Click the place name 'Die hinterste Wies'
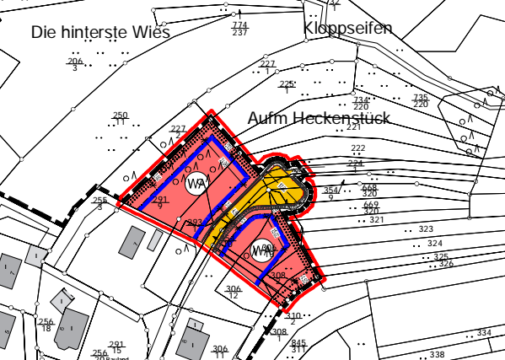point(100,33)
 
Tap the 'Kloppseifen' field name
point(348,29)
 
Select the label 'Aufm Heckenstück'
point(318,118)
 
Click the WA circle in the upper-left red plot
point(197,183)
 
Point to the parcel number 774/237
point(239,30)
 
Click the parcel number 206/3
point(75,64)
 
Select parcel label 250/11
point(121,119)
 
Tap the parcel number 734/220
point(361,104)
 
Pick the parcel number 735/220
point(420,101)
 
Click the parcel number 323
point(425,229)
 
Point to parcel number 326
point(446,264)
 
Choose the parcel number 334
point(483,333)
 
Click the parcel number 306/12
point(234,292)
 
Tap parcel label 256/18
point(46,325)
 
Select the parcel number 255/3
point(99,202)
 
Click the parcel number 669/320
point(371,207)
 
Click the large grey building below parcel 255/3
point(132,242)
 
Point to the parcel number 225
point(287,84)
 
